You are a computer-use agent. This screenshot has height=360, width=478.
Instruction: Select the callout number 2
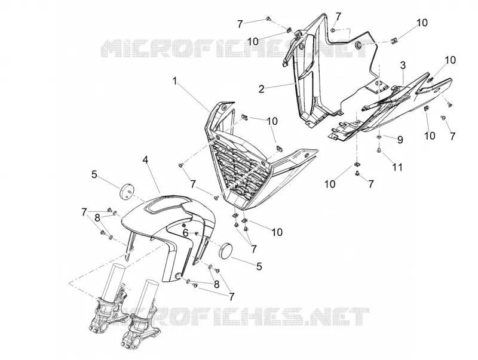[261, 89]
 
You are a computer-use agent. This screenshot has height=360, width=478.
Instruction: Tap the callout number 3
[403, 65]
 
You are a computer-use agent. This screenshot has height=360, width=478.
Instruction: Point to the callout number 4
[146, 159]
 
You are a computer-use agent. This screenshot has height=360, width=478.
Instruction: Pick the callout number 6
[186, 233]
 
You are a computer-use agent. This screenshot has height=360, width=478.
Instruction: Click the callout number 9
[400, 140]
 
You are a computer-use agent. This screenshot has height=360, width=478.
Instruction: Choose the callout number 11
[397, 167]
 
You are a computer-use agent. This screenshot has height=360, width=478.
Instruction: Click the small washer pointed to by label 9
[379, 137]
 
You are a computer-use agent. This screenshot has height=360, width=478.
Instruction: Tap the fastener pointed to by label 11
[379, 150]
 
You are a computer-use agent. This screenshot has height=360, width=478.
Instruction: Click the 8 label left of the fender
[97, 218]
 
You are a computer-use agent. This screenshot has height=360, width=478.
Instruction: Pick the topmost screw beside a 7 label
[268, 19]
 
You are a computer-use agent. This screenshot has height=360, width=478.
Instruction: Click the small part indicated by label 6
[197, 233]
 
